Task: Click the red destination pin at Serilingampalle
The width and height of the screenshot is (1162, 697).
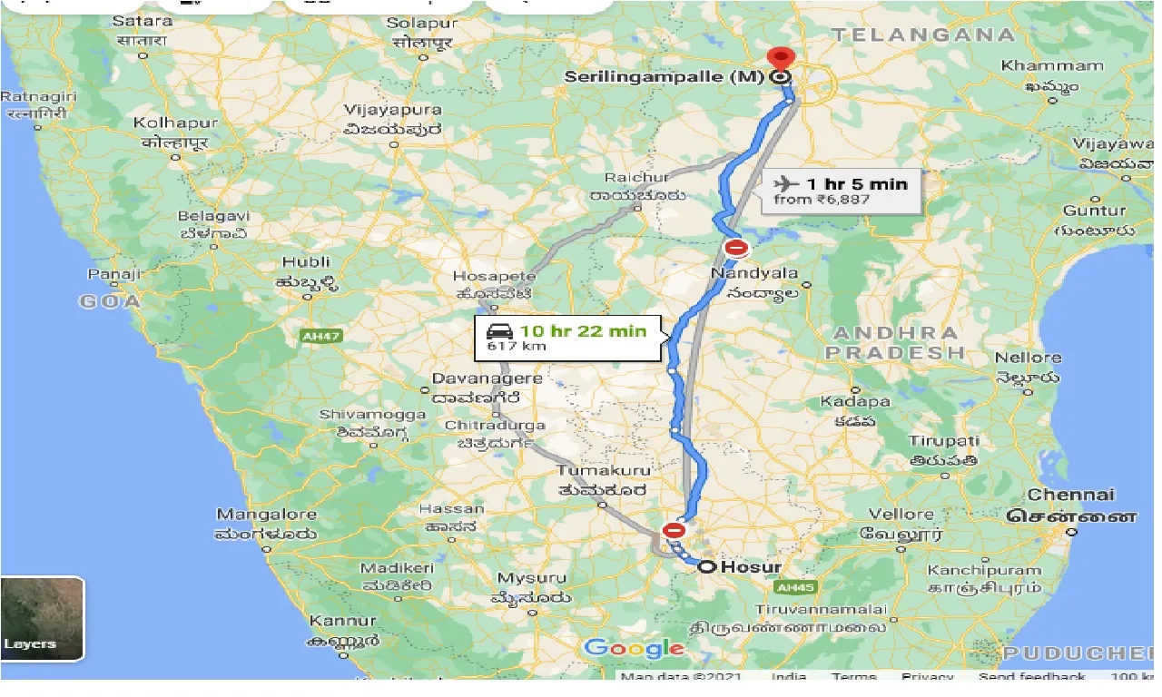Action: pyautogui.click(x=779, y=58)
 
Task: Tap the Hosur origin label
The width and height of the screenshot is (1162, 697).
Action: pyautogui.click(x=752, y=567)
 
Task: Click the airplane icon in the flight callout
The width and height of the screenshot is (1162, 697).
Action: pyautogui.click(x=785, y=183)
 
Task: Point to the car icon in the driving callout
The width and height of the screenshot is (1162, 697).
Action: pyautogui.click(x=500, y=331)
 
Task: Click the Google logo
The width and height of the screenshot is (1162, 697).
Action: pyautogui.click(x=634, y=648)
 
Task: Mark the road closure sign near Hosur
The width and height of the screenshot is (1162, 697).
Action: pyautogui.click(x=674, y=530)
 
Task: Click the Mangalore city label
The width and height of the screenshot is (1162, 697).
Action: pyautogui.click(x=266, y=515)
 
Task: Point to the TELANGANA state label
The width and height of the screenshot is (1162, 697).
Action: pyautogui.click(x=923, y=34)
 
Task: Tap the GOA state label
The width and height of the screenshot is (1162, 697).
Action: pyautogui.click(x=110, y=301)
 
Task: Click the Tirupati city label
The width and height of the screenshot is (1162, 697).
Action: pyautogui.click(x=943, y=441)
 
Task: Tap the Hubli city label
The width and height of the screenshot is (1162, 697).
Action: pyautogui.click(x=306, y=262)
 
